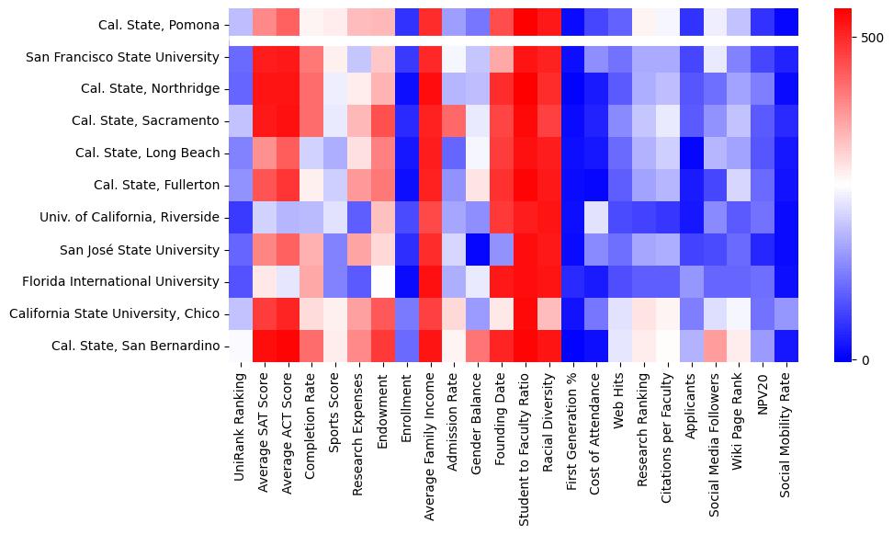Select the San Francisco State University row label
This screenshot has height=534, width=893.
tap(123, 57)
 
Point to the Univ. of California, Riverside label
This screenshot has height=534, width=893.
tap(130, 217)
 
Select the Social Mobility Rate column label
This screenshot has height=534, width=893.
tap(786, 428)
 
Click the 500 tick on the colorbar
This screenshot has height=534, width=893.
tap(872, 38)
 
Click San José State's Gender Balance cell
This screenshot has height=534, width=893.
tap(478, 249)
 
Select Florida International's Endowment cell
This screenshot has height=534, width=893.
tap(383, 281)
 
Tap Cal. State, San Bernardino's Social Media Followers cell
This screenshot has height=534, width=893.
tap(716, 346)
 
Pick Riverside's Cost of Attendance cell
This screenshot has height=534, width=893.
tap(596, 217)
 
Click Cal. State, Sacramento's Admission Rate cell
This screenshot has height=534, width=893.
tap(454, 120)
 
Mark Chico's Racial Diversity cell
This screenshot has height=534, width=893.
tap(549, 313)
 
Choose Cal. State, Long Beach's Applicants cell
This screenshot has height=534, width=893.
tap(692, 153)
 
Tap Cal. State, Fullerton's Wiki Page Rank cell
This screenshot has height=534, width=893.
tap(739, 185)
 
